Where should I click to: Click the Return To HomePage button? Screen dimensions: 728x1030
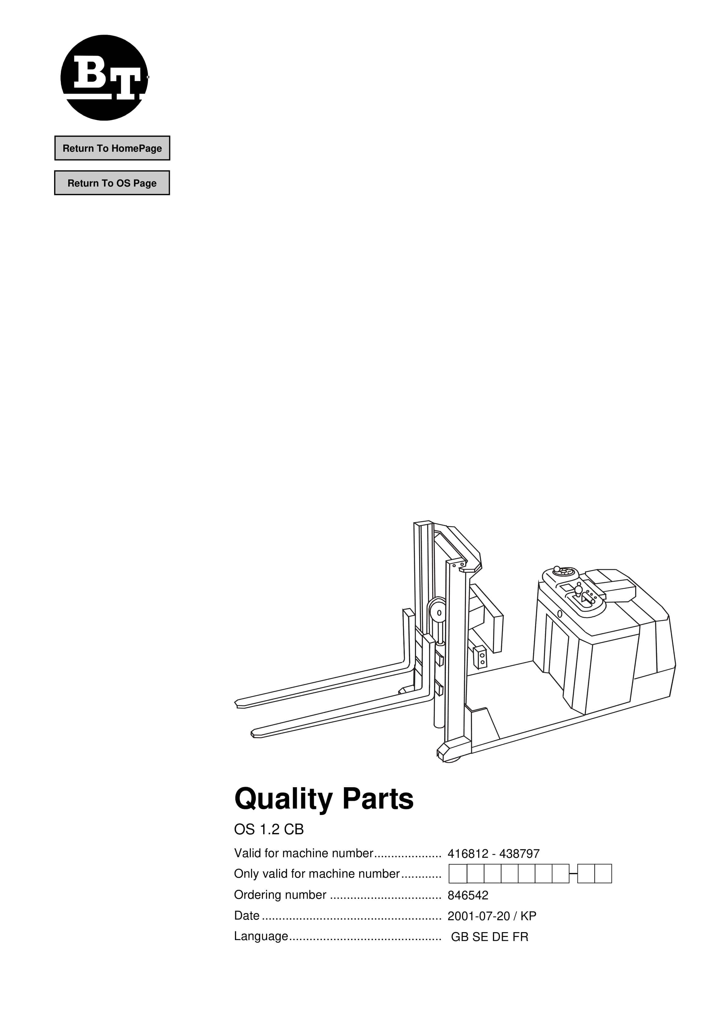112,148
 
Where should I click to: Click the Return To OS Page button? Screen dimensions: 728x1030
112,183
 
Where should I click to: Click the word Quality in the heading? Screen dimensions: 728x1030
283,800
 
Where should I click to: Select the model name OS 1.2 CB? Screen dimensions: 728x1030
269,829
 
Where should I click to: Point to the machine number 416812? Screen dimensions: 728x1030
468,854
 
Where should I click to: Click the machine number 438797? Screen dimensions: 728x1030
519,854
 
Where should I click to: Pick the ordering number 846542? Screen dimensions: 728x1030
468,895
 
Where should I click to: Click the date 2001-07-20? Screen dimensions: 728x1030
478,916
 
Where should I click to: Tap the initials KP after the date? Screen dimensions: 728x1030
528,916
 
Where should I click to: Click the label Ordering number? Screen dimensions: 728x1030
280,895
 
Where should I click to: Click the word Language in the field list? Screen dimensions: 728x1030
261,937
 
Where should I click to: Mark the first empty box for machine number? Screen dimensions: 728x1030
458,874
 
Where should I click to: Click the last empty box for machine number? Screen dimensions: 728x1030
603,874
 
